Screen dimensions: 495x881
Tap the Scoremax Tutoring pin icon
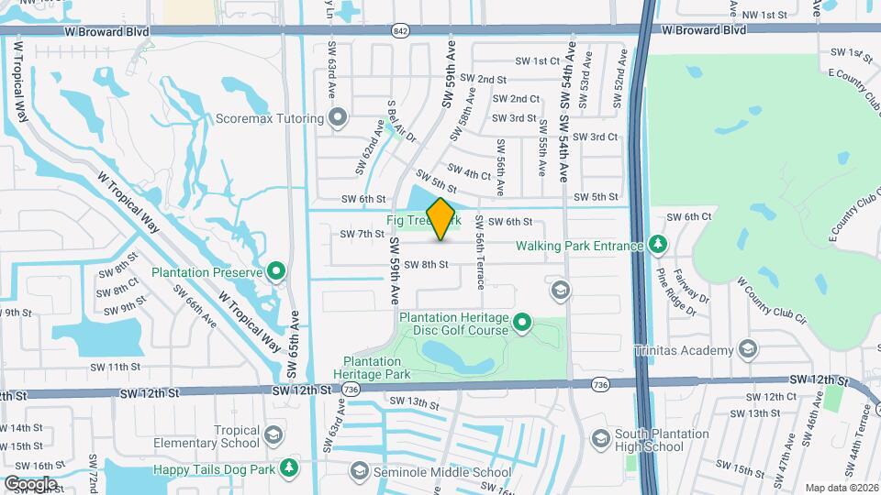coord(338,118)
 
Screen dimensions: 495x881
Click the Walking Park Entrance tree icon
coord(657,245)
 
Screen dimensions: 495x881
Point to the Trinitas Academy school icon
coord(748,350)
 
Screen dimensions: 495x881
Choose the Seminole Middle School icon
coord(359,472)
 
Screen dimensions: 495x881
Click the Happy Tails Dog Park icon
coord(289,468)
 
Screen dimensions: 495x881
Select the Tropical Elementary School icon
coord(273,435)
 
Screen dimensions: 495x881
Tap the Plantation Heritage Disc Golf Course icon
coord(522,322)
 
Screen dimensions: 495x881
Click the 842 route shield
coord(399,31)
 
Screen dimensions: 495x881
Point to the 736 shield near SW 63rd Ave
coord(351,390)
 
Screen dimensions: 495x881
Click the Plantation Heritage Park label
coord(372,368)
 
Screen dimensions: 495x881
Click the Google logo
coord(30,483)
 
